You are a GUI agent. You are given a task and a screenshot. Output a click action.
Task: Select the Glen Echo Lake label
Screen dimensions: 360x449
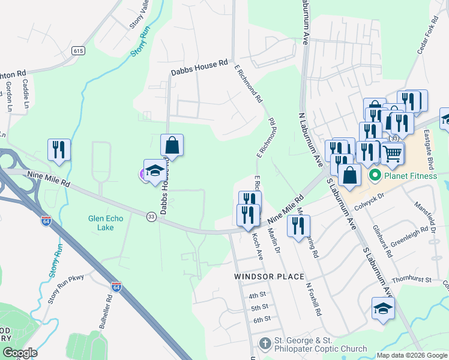pyautogui.click(x=105, y=223)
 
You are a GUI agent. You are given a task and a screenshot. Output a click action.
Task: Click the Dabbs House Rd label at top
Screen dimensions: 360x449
pyautogui.click(x=199, y=67)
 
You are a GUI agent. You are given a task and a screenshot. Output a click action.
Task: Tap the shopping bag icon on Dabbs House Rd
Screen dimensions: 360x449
pyautogui.click(x=172, y=145)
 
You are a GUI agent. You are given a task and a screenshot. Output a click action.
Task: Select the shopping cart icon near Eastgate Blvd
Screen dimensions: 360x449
pyautogui.click(x=393, y=153)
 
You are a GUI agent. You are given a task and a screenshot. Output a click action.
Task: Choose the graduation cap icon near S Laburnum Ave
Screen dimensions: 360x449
pyautogui.click(x=383, y=308)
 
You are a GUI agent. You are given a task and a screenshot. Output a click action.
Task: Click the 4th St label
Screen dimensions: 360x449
pyautogui.click(x=257, y=295)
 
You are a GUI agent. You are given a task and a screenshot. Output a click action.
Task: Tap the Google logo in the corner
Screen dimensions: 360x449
pyautogui.click(x=20, y=352)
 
